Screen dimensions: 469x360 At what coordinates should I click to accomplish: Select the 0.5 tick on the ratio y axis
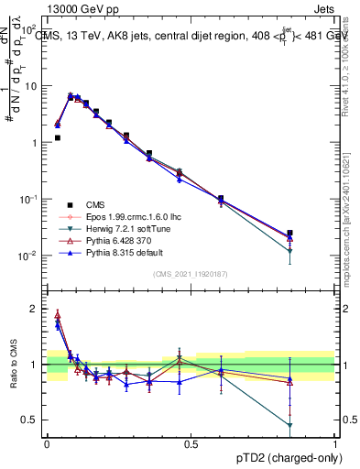coord(31,420)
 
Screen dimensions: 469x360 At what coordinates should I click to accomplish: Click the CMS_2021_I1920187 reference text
coord(191,274)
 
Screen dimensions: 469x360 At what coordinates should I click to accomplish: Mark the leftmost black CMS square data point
coord(57,138)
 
